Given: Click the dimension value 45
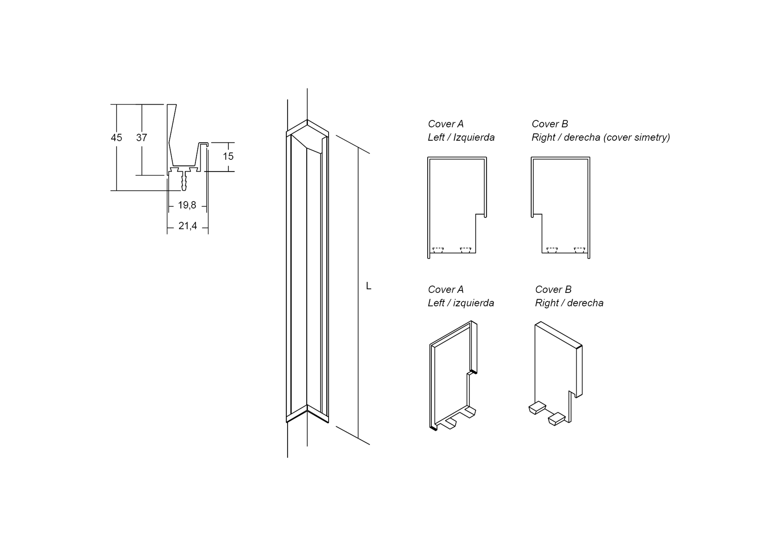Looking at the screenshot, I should click(x=117, y=138).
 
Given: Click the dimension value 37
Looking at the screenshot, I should click(x=142, y=138).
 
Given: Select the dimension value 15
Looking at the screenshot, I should click(x=228, y=156).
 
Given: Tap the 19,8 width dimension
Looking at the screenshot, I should click(x=187, y=205).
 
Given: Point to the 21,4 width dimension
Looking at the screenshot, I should click(x=188, y=226).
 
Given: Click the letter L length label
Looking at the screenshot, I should click(x=369, y=286).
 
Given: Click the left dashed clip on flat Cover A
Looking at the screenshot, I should click(x=438, y=251).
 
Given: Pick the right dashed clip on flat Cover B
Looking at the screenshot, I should click(x=580, y=251).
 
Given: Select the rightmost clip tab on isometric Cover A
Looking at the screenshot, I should click(x=468, y=412).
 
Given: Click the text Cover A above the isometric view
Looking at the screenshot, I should click(x=446, y=290).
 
